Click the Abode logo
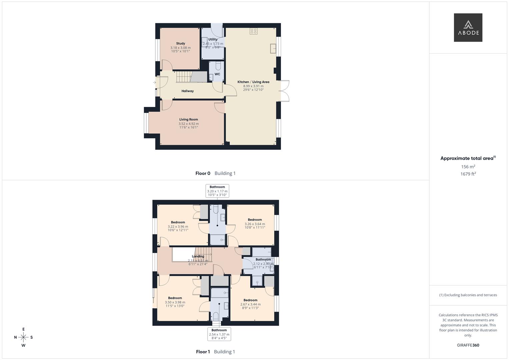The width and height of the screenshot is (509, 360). coord(468,28)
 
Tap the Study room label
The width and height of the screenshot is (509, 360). coord(180,43)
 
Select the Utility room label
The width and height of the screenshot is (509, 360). coord(213,39)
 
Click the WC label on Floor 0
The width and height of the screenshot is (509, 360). coord(217,74)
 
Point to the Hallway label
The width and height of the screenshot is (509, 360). coord(187,91)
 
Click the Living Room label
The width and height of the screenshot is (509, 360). coord(188,119)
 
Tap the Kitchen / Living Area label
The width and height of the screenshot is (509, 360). coord(253,82)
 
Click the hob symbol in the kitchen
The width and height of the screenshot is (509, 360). coord(253,31)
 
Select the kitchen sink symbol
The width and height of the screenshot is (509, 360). coord(273,49)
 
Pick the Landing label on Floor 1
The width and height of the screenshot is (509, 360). coord(198,256)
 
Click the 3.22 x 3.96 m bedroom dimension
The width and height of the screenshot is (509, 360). coord(178,227)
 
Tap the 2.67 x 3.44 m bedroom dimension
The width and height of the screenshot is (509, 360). coord(250,304)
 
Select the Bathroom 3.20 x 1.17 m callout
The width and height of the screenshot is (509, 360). coord(217,191)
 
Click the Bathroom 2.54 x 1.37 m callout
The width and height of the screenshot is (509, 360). coord(219,334)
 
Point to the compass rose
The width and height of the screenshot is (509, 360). coord(23,337)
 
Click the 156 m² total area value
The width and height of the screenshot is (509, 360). coord(468,167)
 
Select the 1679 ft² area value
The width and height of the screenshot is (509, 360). coord(468,174)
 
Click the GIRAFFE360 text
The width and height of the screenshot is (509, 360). coord(468,345)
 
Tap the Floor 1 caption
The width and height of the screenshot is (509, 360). coord(203,352)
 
